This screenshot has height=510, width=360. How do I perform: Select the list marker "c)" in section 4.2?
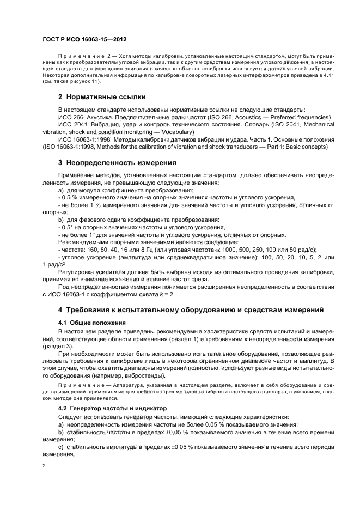61,446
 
